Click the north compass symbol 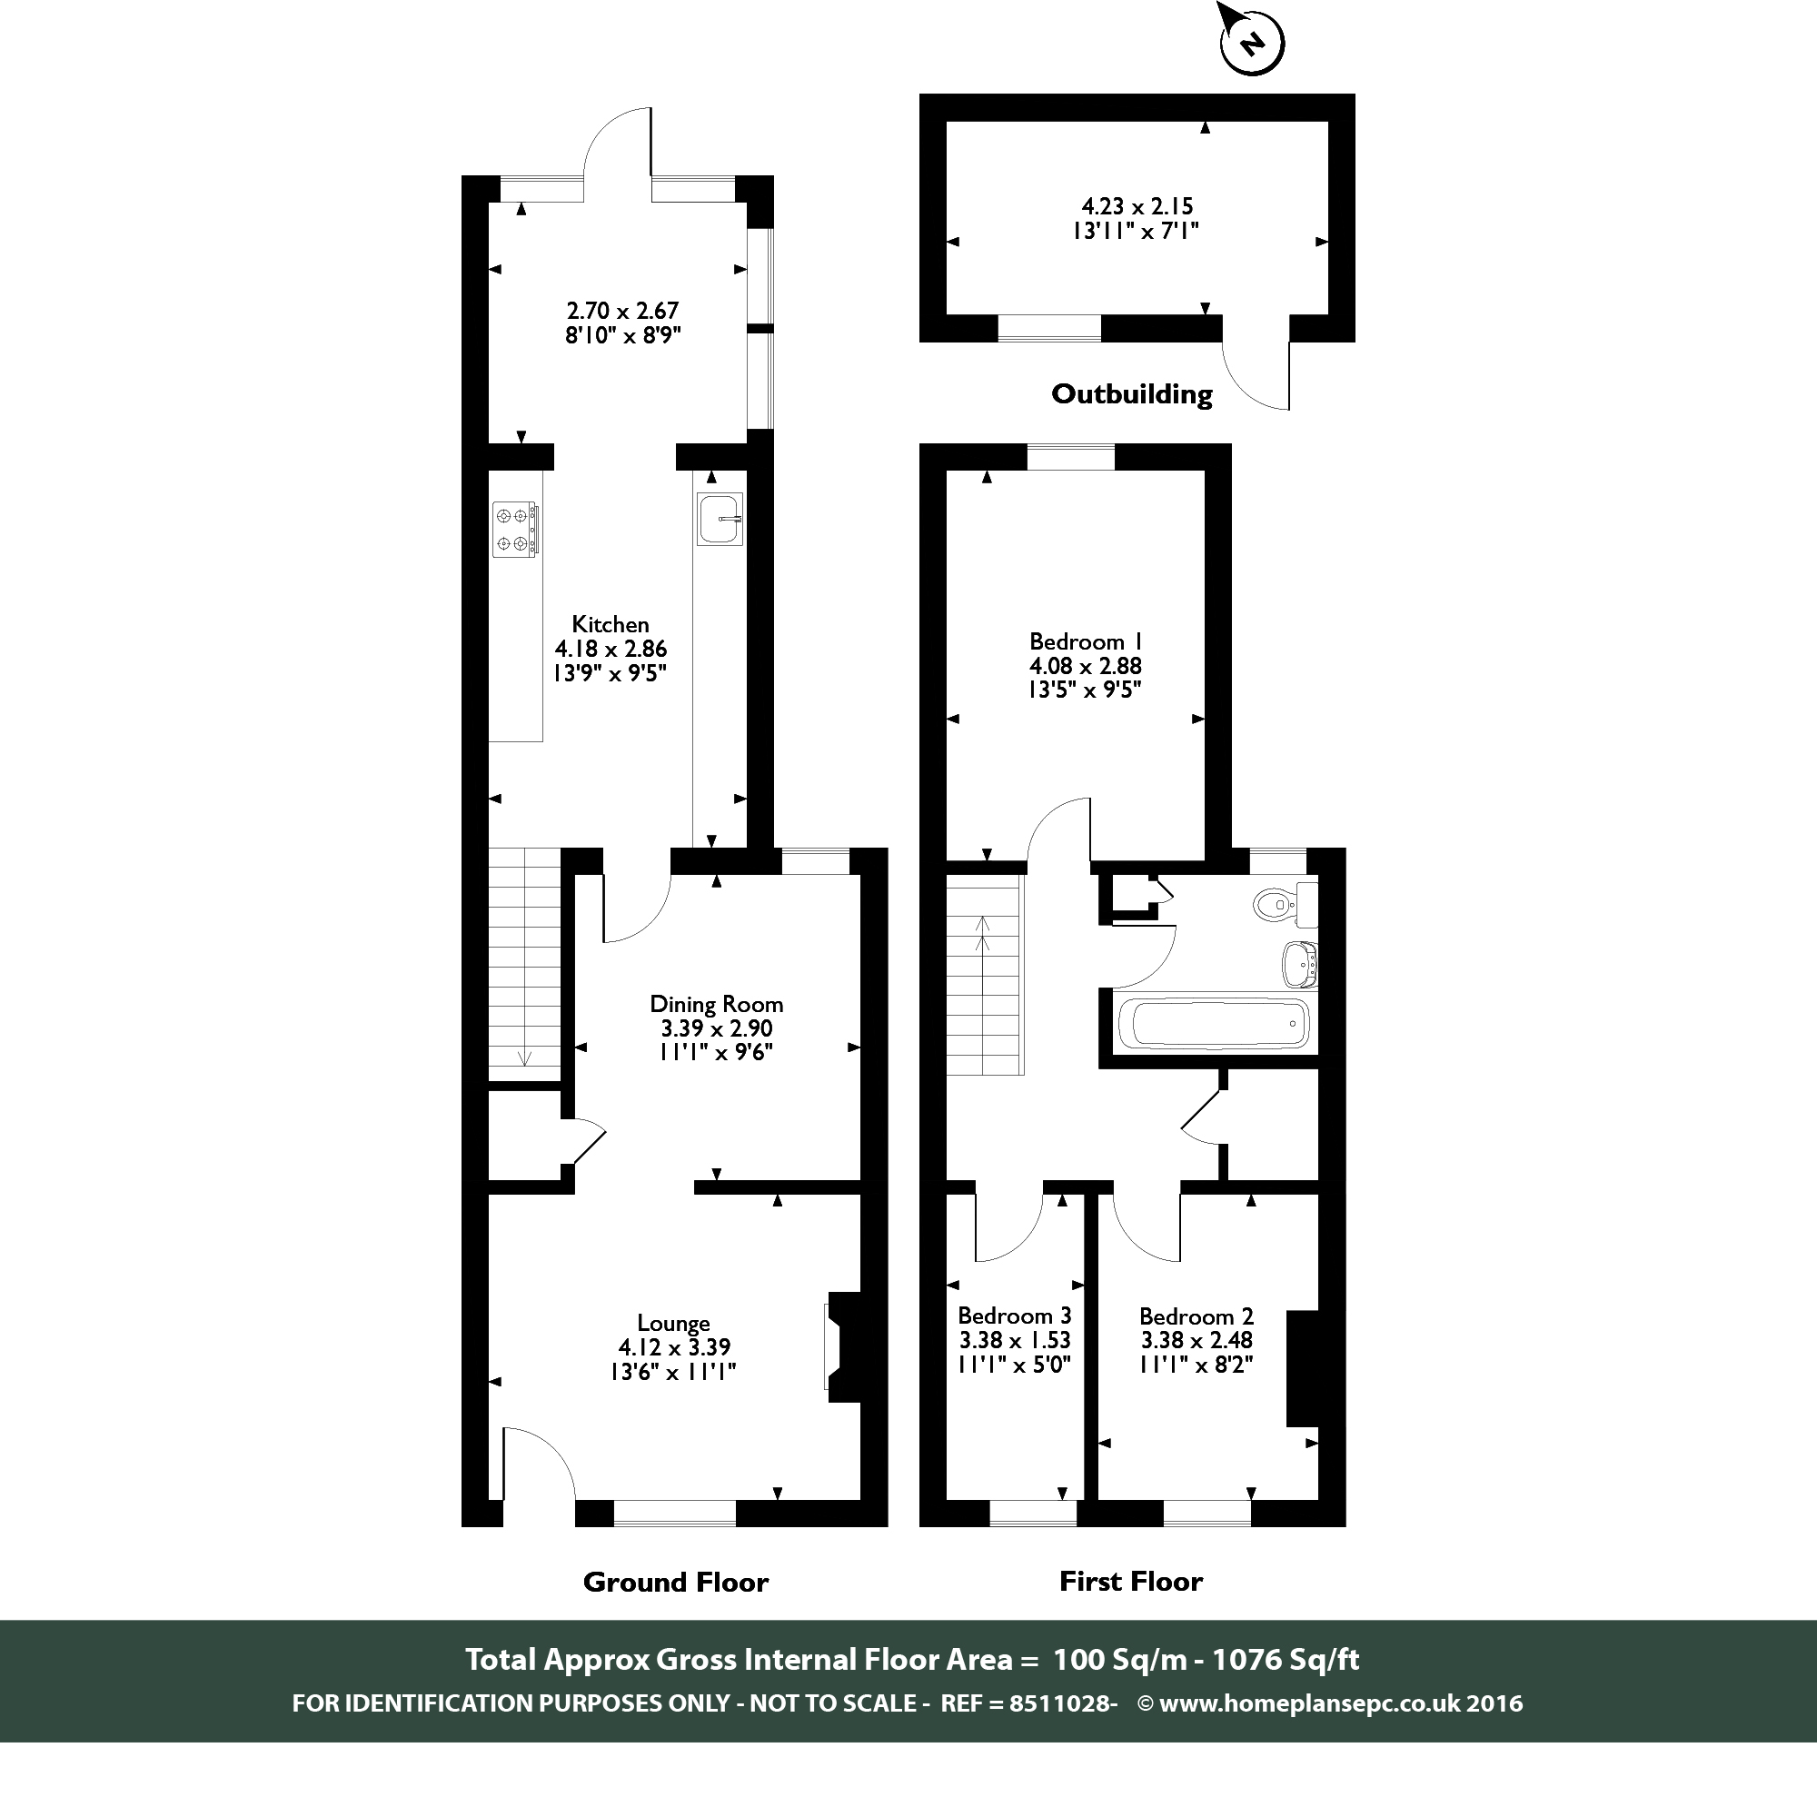(x=1251, y=43)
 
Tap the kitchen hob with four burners (x=515, y=530)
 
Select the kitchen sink (x=720, y=519)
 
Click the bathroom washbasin (x=1300, y=964)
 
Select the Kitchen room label (x=610, y=624)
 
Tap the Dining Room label (x=716, y=1005)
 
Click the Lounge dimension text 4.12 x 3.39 (x=674, y=1347)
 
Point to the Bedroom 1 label (x=1086, y=641)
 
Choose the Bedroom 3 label (x=1014, y=1316)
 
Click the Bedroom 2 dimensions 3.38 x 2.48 (x=1196, y=1340)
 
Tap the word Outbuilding (x=1131, y=394)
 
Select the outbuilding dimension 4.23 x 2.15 (x=1137, y=206)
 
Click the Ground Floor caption (x=675, y=1583)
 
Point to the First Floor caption (x=1130, y=1582)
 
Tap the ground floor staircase (x=524, y=964)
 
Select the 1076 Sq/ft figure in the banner (x=1285, y=1659)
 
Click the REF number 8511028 (x=1061, y=1703)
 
